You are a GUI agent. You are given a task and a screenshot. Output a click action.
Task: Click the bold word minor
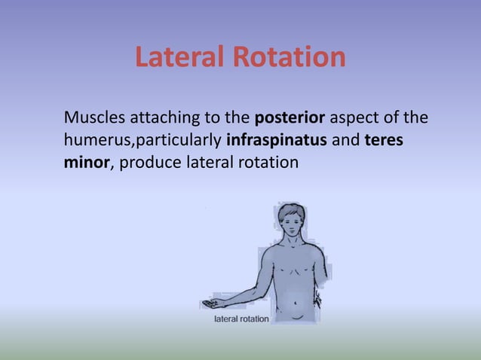point(87,160)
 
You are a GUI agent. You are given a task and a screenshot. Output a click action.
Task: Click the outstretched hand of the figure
point(210,304)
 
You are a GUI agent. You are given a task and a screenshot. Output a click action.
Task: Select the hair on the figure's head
point(290,210)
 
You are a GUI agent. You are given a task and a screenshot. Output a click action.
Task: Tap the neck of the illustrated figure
point(290,244)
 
